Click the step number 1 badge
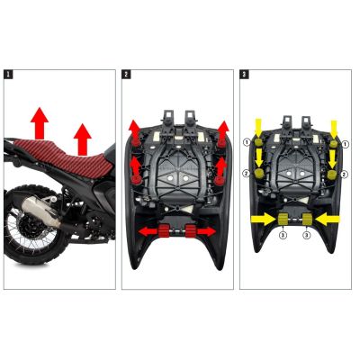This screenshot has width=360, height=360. [x=9, y=74]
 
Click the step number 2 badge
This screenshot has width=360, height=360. [x=126, y=74]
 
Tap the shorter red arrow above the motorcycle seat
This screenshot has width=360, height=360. [x=83, y=138]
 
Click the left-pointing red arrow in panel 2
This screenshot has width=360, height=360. [x=146, y=232]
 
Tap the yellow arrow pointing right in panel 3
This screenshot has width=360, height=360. [x=262, y=218]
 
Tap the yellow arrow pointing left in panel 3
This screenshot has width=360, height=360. [x=327, y=218]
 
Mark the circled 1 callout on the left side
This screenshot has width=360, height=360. [x=246, y=142]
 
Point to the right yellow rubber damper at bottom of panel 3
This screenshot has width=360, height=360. [x=305, y=219]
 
